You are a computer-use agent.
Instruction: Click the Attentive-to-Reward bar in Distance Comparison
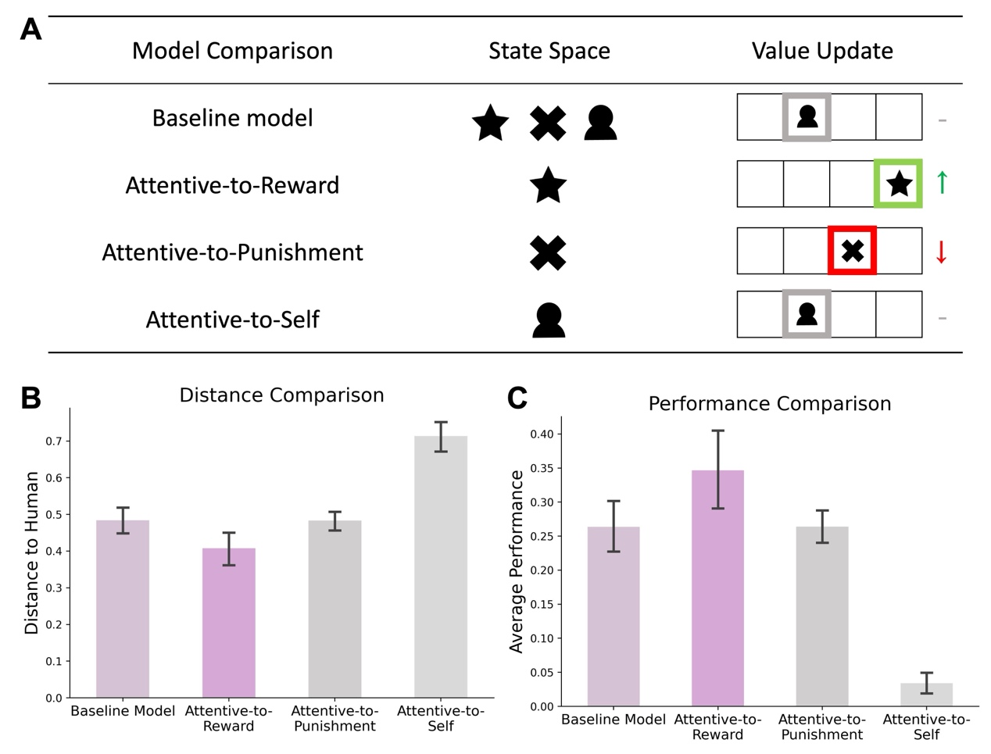228,623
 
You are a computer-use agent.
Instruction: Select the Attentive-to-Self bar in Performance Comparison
926,695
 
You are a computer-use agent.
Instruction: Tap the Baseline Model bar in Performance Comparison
613,616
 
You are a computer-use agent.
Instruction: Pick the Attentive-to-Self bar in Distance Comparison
441,566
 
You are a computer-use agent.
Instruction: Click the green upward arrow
942,182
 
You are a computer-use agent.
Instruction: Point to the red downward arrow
941,252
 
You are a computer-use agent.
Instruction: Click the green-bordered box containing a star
898,184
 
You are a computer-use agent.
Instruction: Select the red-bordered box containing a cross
852,251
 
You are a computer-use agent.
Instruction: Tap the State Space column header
549,51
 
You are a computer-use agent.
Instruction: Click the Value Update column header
822,51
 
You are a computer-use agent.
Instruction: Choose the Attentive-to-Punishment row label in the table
233,252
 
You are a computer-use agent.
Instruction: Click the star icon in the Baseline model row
490,123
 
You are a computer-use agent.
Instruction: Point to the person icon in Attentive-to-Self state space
549,320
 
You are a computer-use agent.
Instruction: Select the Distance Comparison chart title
281,395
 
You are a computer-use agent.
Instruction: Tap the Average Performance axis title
516,561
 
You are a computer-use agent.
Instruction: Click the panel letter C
517,398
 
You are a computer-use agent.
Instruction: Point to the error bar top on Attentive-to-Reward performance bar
718,431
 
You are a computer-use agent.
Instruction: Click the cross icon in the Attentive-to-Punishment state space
548,252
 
